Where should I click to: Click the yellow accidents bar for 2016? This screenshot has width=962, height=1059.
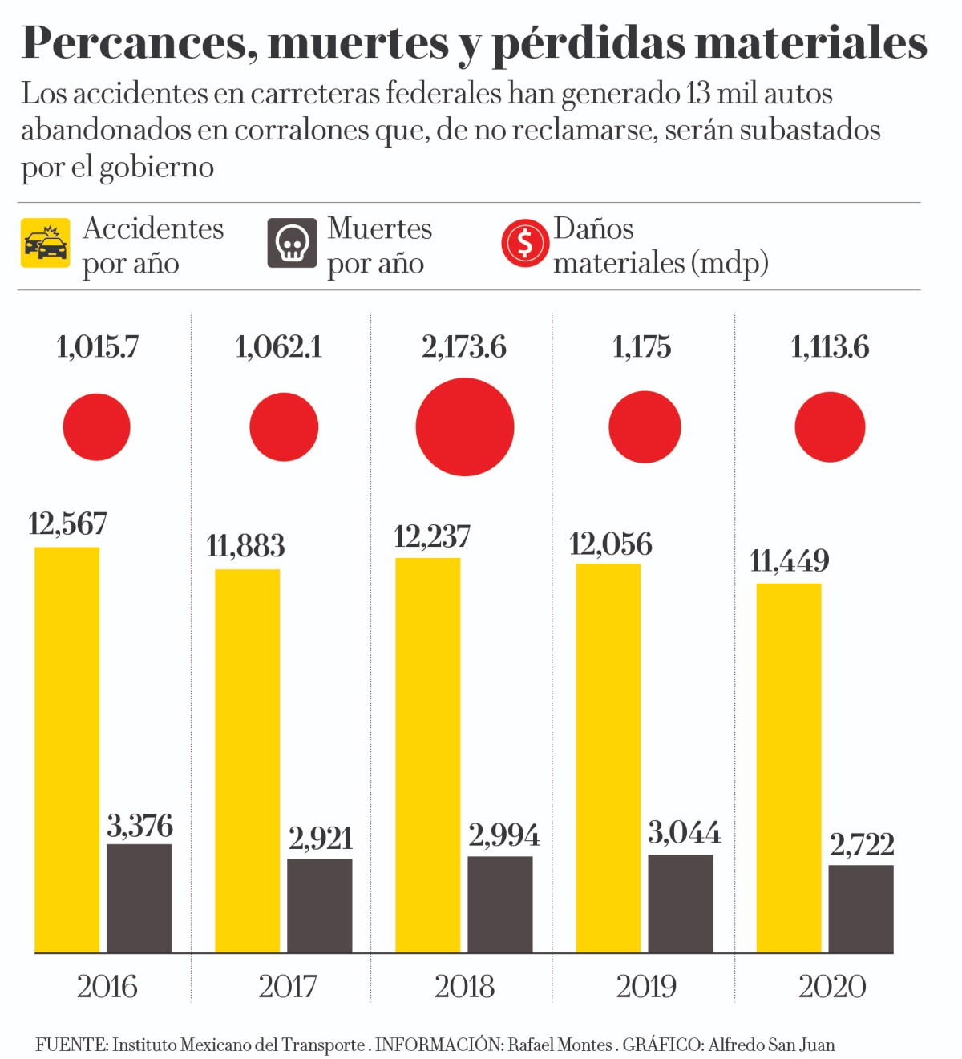pos(67,750)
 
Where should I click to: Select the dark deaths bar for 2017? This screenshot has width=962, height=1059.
pos(319,905)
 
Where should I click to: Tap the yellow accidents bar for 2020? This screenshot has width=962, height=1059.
pos(789,767)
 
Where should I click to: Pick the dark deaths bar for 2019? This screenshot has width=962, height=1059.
pos(680,903)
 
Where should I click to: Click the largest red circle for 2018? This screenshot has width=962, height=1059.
pos(465,427)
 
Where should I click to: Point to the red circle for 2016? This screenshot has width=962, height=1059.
pos(97,427)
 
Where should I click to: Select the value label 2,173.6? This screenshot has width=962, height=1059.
pos(464,347)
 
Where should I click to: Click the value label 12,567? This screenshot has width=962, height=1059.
pos(67,524)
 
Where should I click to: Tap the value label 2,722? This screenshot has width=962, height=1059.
pos(862,845)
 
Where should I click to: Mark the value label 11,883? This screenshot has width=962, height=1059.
pos(245,547)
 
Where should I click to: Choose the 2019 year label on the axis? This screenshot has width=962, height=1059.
pos(646,987)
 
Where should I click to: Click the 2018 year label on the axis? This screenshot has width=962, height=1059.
pos(464,987)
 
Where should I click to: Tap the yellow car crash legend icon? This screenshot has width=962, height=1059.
pos(46,243)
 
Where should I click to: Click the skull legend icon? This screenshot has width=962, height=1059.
pos(292,243)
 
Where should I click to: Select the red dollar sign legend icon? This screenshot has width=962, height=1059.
pos(524,243)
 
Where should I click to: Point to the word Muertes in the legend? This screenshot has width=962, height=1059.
pos(380,229)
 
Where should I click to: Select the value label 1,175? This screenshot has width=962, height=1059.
pos(641,347)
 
